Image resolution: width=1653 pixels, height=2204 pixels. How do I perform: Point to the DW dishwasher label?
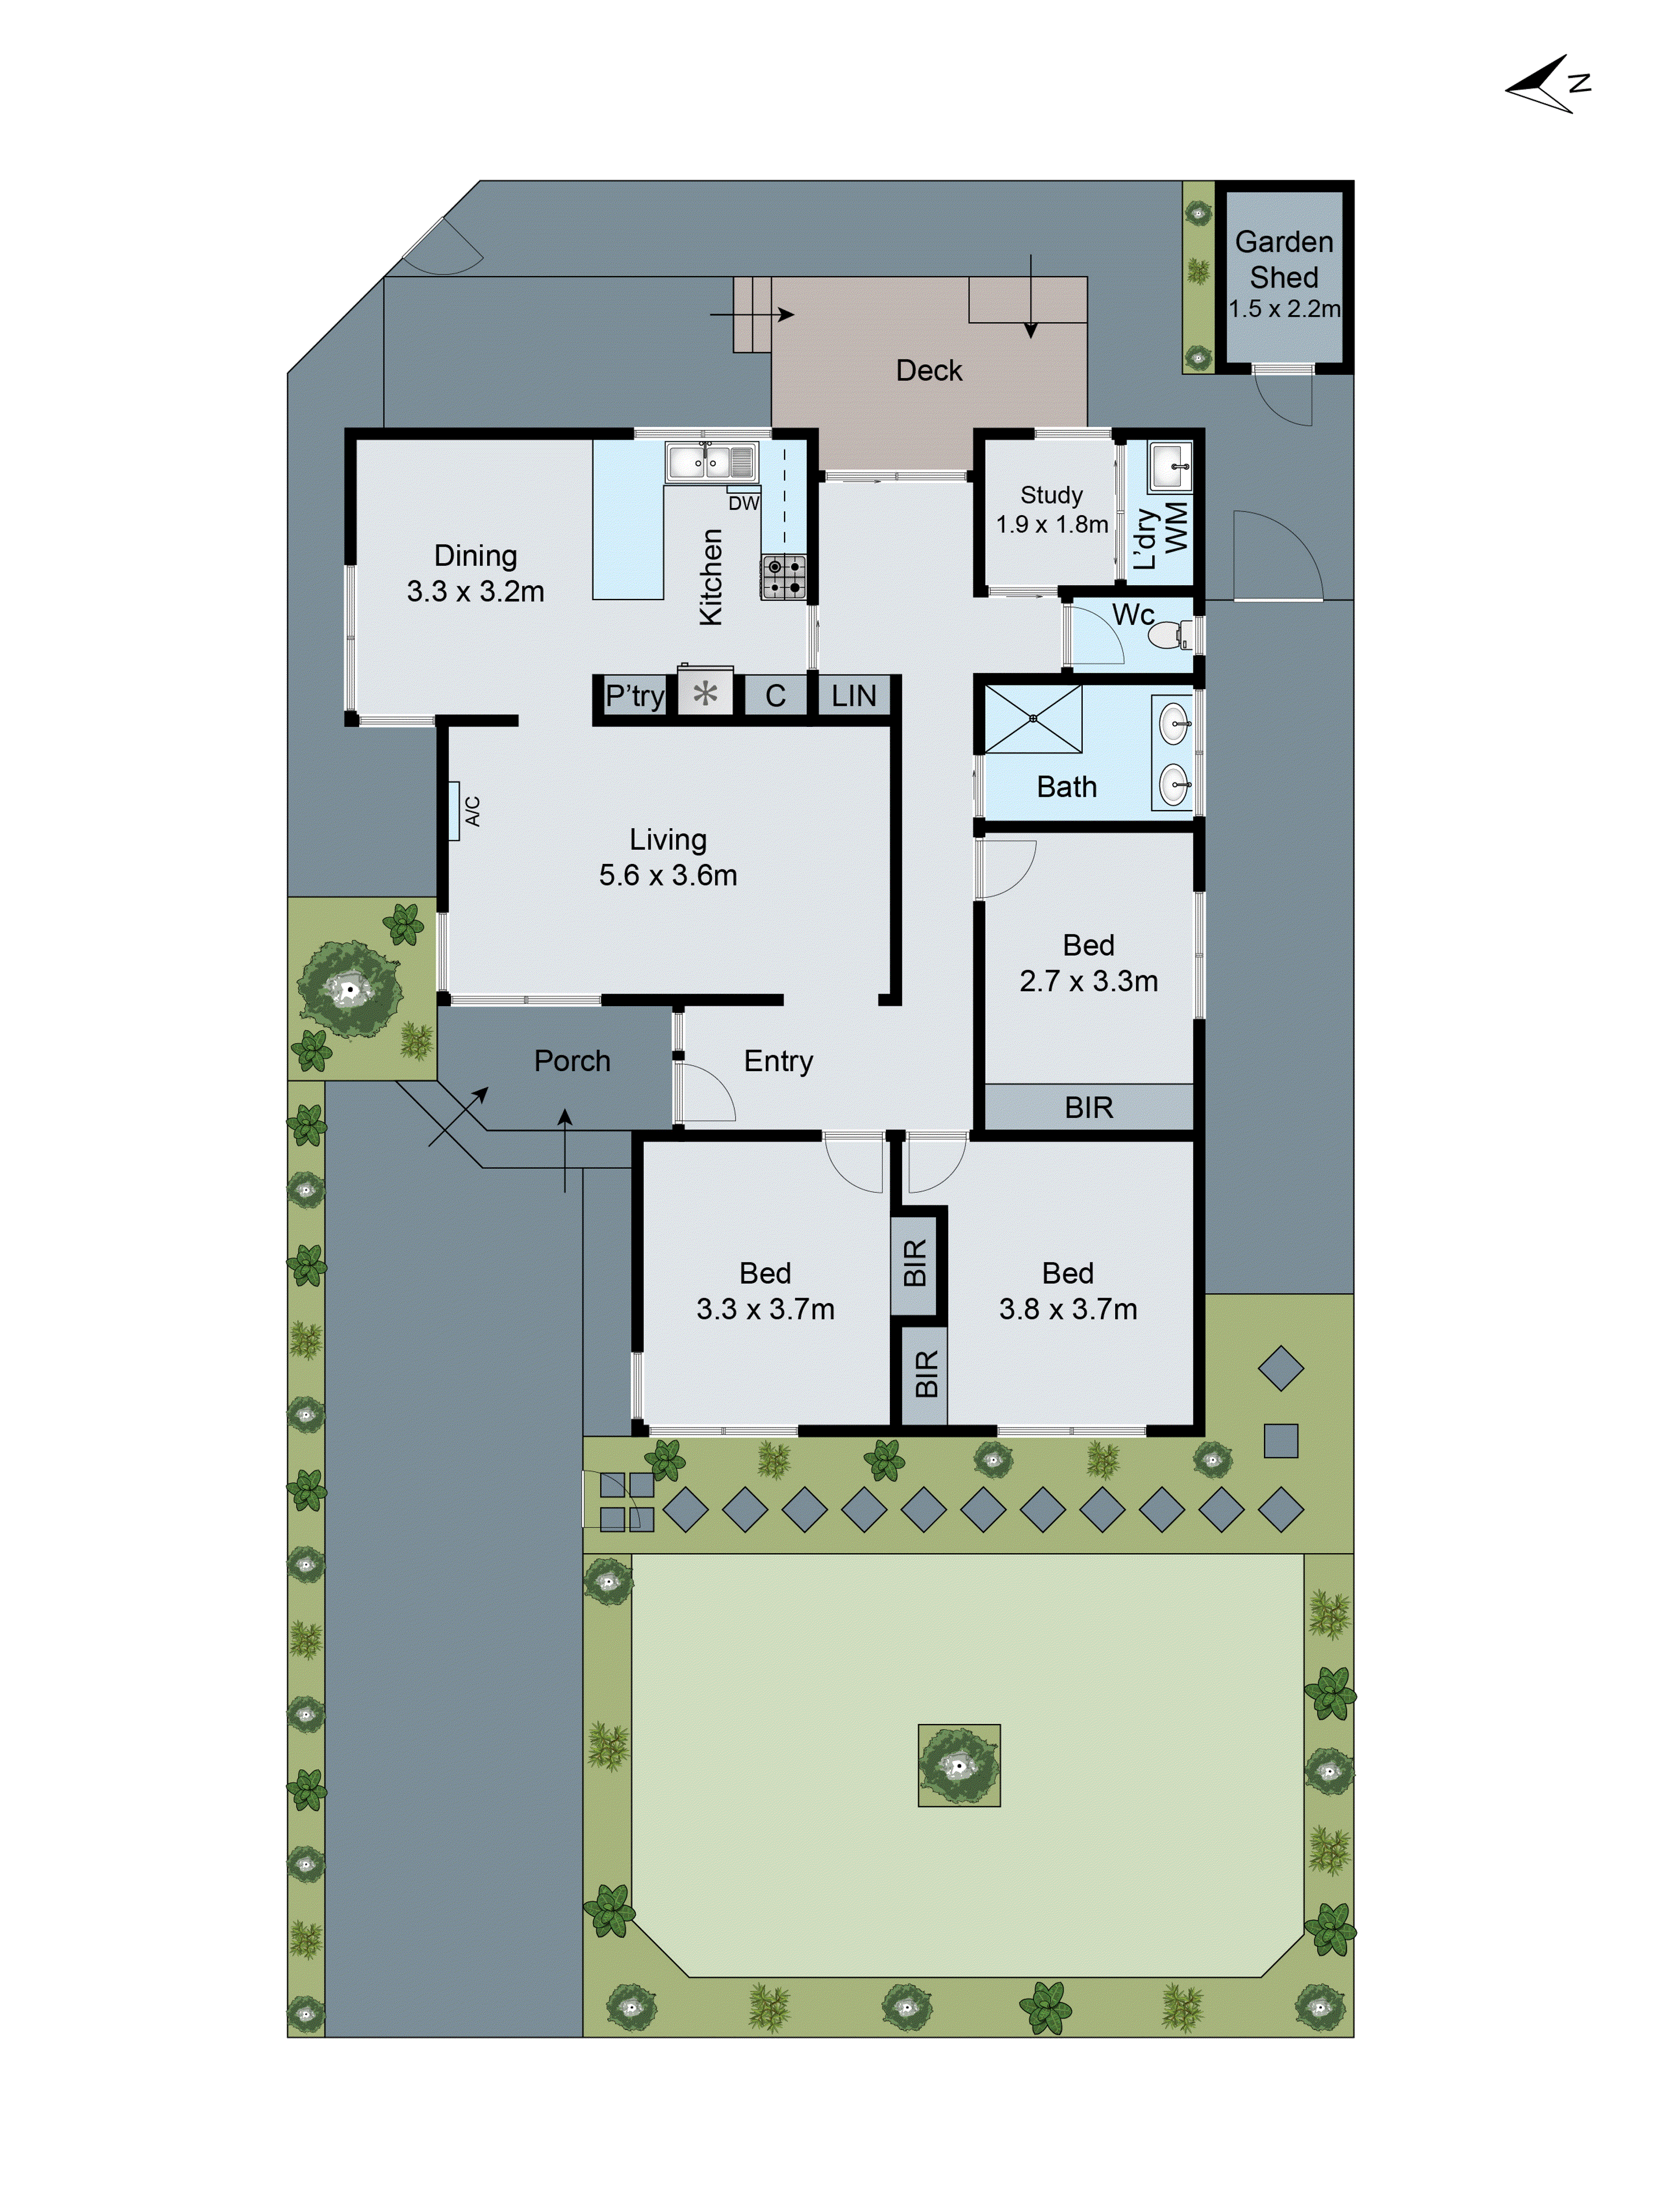point(743,503)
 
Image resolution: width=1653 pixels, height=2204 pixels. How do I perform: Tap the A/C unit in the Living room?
point(455,811)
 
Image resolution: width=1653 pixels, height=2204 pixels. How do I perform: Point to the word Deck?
point(928,371)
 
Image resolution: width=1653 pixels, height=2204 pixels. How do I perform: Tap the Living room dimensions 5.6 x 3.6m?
point(668,875)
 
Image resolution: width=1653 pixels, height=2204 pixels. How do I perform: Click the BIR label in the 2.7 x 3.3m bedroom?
point(1088,1107)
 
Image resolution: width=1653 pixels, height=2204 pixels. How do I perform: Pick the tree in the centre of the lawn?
point(959,1765)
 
